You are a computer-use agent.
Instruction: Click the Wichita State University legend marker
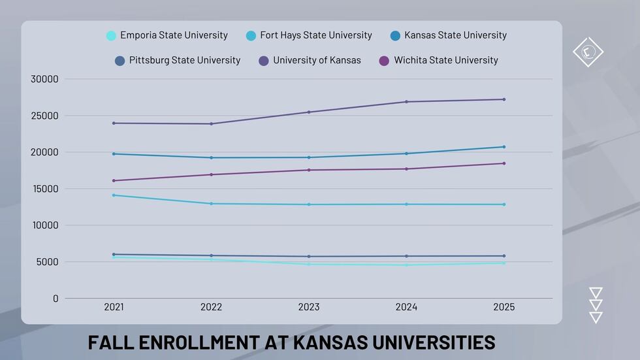tap(384, 61)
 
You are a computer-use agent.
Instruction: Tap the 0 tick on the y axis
tap(56, 299)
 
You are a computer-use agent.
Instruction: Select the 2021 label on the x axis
tap(114, 307)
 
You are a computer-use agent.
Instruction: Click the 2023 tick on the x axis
tap(309, 307)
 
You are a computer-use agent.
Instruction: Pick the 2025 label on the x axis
tap(504, 307)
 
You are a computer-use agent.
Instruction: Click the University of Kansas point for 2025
tap(504, 99)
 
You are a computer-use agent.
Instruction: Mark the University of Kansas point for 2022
tap(211, 123)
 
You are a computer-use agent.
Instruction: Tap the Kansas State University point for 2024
tap(406, 154)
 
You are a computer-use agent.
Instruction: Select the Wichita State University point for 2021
tap(114, 180)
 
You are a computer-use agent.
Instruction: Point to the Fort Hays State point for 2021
tap(114, 195)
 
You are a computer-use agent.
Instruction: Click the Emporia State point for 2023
tap(309, 264)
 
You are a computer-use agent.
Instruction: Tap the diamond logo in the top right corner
tap(588, 52)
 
